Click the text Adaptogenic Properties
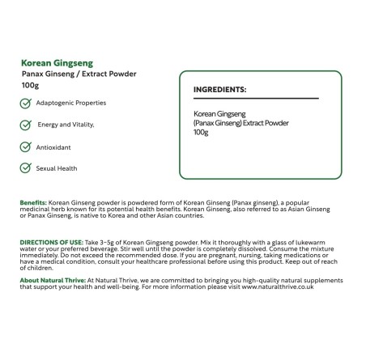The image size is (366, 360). (x=71, y=103)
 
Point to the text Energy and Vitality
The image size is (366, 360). (x=66, y=125)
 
